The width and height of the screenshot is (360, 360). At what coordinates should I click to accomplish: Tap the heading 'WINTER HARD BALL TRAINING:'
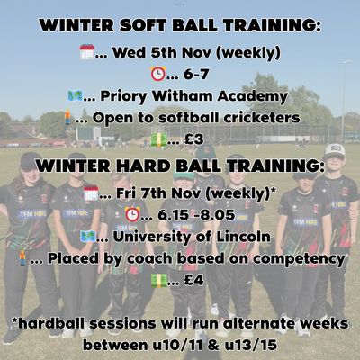[180, 166]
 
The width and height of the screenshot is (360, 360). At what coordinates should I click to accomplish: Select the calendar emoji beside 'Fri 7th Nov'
[91, 193]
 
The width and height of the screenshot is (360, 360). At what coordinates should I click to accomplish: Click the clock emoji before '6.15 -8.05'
[132, 214]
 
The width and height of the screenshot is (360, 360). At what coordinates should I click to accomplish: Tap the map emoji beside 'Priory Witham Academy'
[76, 95]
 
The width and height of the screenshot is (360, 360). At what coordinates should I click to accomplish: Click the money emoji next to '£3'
[158, 139]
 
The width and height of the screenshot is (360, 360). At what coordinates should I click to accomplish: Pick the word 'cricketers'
[267, 118]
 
